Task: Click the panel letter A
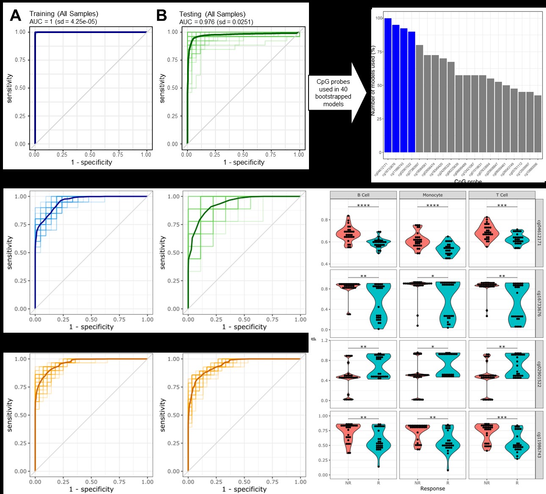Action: pyautogui.click(x=16, y=16)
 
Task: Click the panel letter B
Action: pyautogui.click(x=162, y=16)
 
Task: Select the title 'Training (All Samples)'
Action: pyautogui.click(x=63, y=14)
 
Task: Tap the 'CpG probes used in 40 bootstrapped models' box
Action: pyautogui.click(x=333, y=93)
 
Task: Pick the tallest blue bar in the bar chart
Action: pyautogui.click(x=388, y=85)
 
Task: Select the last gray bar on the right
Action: pyautogui.click(x=538, y=124)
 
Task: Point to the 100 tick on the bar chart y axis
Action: pyautogui.click(x=378, y=18)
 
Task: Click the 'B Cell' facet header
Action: pyautogui.click(x=363, y=195)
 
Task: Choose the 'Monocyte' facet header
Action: pyautogui.click(x=433, y=195)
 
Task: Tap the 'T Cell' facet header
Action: pyautogui.click(x=502, y=195)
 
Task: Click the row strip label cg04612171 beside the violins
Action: pyautogui.click(x=540, y=233)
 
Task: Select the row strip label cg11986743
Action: pyautogui.click(x=540, y=445)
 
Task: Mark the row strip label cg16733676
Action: pyautogui.click(x=540, y=304)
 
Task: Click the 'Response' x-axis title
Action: pyautogui.click(x=433, y=488)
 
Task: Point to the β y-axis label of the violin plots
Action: pyautogui.click(x=314, y=338)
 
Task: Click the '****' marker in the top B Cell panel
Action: pyautogui.click(x=363, y=206)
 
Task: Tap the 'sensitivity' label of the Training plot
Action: pyautogui.click(x=10, y=88)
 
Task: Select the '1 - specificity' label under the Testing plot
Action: pyautogui.click(x=244, y=163)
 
